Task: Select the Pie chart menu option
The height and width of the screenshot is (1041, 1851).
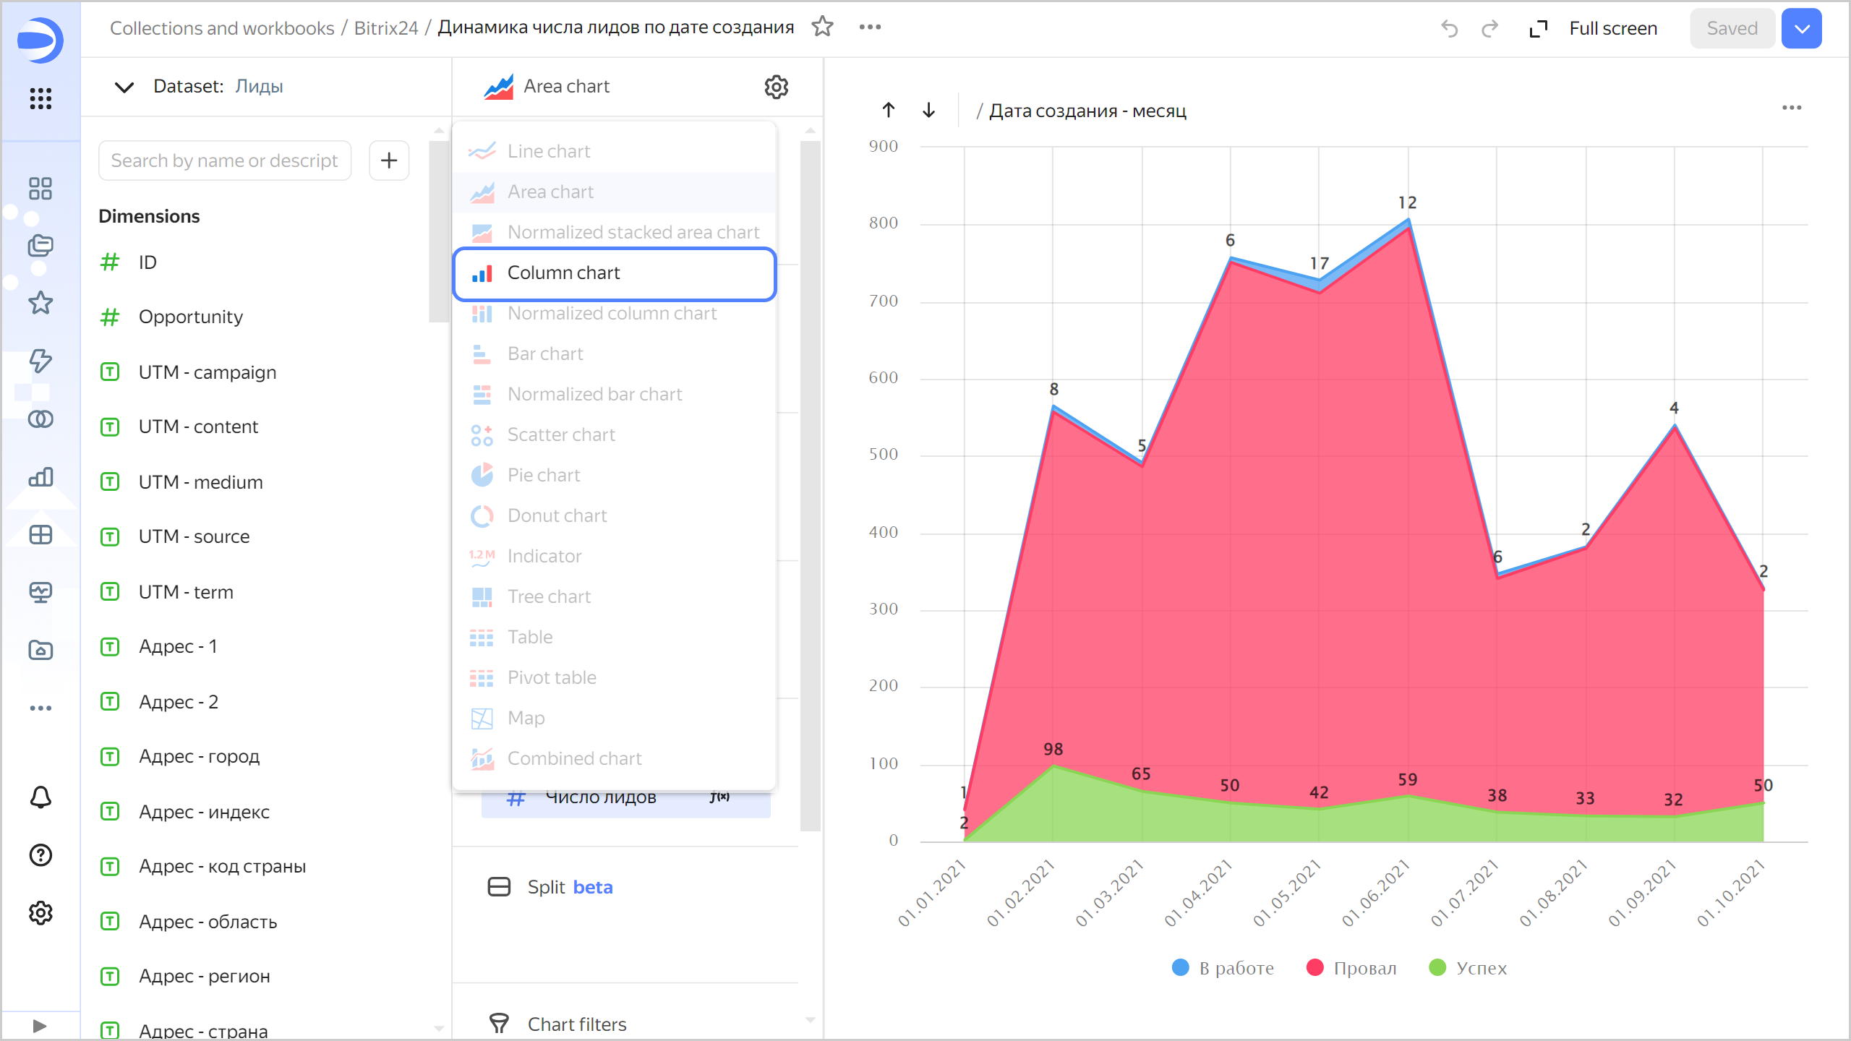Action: coord(544,476)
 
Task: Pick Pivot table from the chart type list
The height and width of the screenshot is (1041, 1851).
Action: coord(552,678)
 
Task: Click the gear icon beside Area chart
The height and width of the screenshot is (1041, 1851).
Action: coord(776,87)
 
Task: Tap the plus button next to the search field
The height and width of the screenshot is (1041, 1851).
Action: coord(389,160)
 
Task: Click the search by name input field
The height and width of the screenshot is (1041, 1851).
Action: coord(225,160)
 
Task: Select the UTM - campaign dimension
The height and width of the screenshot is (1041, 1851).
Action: coord(208,372)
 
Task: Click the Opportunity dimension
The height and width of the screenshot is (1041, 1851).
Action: coord(191,317)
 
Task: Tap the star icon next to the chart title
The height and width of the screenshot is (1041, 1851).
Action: coord(823,27)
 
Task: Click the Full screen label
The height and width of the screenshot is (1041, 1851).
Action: coord(1613,29)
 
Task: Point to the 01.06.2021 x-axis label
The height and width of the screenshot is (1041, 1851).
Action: coord(1376,893)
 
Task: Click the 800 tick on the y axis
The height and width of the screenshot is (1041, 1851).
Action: coord(884,223)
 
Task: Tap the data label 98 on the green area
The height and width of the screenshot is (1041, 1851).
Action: coord(1053,750)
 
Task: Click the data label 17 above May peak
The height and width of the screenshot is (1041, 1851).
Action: coord(1320,264)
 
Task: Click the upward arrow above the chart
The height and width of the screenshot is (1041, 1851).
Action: coord(889,111)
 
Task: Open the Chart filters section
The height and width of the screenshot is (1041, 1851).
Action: coord(576,1024)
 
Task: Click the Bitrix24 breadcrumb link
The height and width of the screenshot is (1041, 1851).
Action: coord(386,28)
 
